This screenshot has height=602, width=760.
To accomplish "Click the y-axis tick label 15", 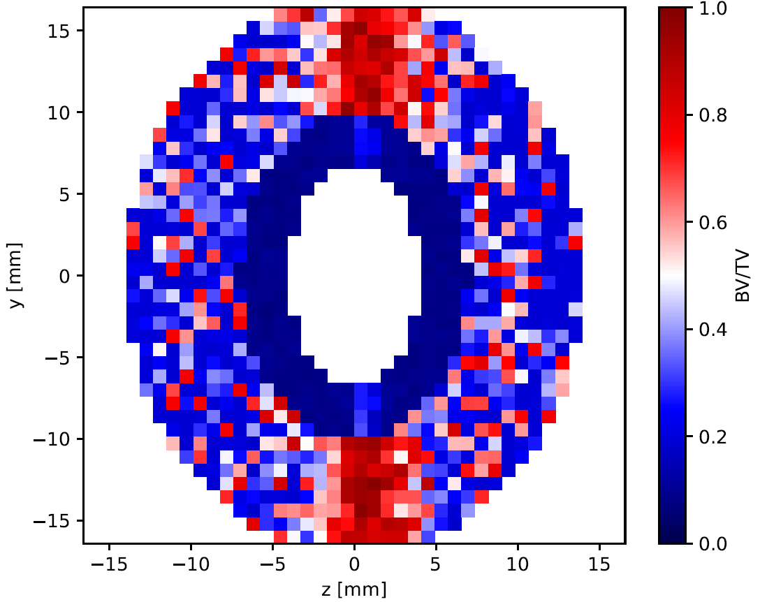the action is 59,31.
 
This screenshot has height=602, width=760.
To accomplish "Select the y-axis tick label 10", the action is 59,112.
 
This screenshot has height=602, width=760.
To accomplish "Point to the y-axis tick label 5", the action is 66,194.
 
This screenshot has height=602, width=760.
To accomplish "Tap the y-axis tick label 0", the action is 66,276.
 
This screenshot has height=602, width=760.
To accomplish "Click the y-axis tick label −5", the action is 58,358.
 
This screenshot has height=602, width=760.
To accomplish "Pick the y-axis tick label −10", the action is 52,439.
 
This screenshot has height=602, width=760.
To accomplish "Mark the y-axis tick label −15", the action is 52,521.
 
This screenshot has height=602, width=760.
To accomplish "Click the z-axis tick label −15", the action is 109,564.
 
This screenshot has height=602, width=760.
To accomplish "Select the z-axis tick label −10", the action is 191,564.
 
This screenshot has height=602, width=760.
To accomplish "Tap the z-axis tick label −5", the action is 272,564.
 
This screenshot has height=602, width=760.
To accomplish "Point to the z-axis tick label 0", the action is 354,564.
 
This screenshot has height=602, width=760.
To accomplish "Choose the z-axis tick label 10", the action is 518,564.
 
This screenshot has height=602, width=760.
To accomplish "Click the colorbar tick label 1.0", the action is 713,8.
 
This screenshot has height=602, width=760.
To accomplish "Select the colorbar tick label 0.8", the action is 713,115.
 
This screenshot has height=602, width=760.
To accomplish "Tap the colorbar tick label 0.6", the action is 713,223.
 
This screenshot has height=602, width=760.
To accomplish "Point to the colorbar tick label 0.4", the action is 713,330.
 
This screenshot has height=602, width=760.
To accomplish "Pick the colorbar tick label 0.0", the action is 713,543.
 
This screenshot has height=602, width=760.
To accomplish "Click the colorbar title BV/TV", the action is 743,277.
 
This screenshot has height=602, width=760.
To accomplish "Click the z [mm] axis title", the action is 354,589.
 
